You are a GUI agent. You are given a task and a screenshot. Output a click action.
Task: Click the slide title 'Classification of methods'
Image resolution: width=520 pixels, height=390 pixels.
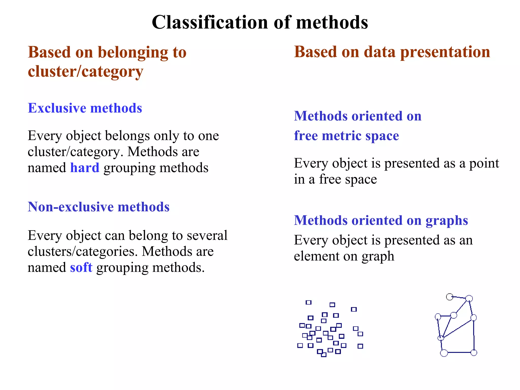click(x=260, y=22)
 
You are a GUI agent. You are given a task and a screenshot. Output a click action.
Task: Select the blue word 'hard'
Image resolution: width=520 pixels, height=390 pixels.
click(x=85, y=168)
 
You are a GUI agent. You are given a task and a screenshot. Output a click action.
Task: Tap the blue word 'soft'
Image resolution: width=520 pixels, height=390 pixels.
click(x=81, y=268)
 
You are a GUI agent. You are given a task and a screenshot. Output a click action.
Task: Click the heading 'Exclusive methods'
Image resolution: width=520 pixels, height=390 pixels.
click(x=85, y=108)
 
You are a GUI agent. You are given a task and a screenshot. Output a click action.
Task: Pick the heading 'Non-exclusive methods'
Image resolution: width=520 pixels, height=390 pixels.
click(x=99, y=207)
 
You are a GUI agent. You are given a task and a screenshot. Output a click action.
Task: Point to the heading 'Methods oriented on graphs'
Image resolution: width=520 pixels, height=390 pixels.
click(x=381, y=220)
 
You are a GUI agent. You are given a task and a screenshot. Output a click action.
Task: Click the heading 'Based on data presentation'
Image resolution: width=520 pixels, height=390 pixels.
click(x=392, y=52)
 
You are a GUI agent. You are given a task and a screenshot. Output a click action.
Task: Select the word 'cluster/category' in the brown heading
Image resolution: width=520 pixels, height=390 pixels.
click(x=85, y=72)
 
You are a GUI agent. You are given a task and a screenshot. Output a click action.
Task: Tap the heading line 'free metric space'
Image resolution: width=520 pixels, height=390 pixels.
click(x=346, y=136)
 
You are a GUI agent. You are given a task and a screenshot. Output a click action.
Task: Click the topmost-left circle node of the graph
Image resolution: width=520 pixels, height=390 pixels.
click(x=450, y=297)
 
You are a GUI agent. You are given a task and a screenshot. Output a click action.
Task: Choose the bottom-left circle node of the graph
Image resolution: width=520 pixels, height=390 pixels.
click(x=444, y=353)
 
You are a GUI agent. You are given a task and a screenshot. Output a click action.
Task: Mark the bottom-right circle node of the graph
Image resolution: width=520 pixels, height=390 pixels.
click(x=474, y=353)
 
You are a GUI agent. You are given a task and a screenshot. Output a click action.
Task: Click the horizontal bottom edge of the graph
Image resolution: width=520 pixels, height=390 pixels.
click(x=459, y=352)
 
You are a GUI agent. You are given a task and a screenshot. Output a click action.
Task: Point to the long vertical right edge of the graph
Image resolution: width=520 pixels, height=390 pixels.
click(x=474, y=335)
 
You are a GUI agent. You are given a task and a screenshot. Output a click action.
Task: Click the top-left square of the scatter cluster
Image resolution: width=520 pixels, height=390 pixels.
click(x=308, y=302)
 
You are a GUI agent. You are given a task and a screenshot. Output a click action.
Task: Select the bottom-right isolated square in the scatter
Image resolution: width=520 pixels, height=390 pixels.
click(x=360, y=346)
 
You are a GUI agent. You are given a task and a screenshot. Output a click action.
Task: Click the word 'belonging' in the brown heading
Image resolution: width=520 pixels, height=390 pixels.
click(x=133, y=53)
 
